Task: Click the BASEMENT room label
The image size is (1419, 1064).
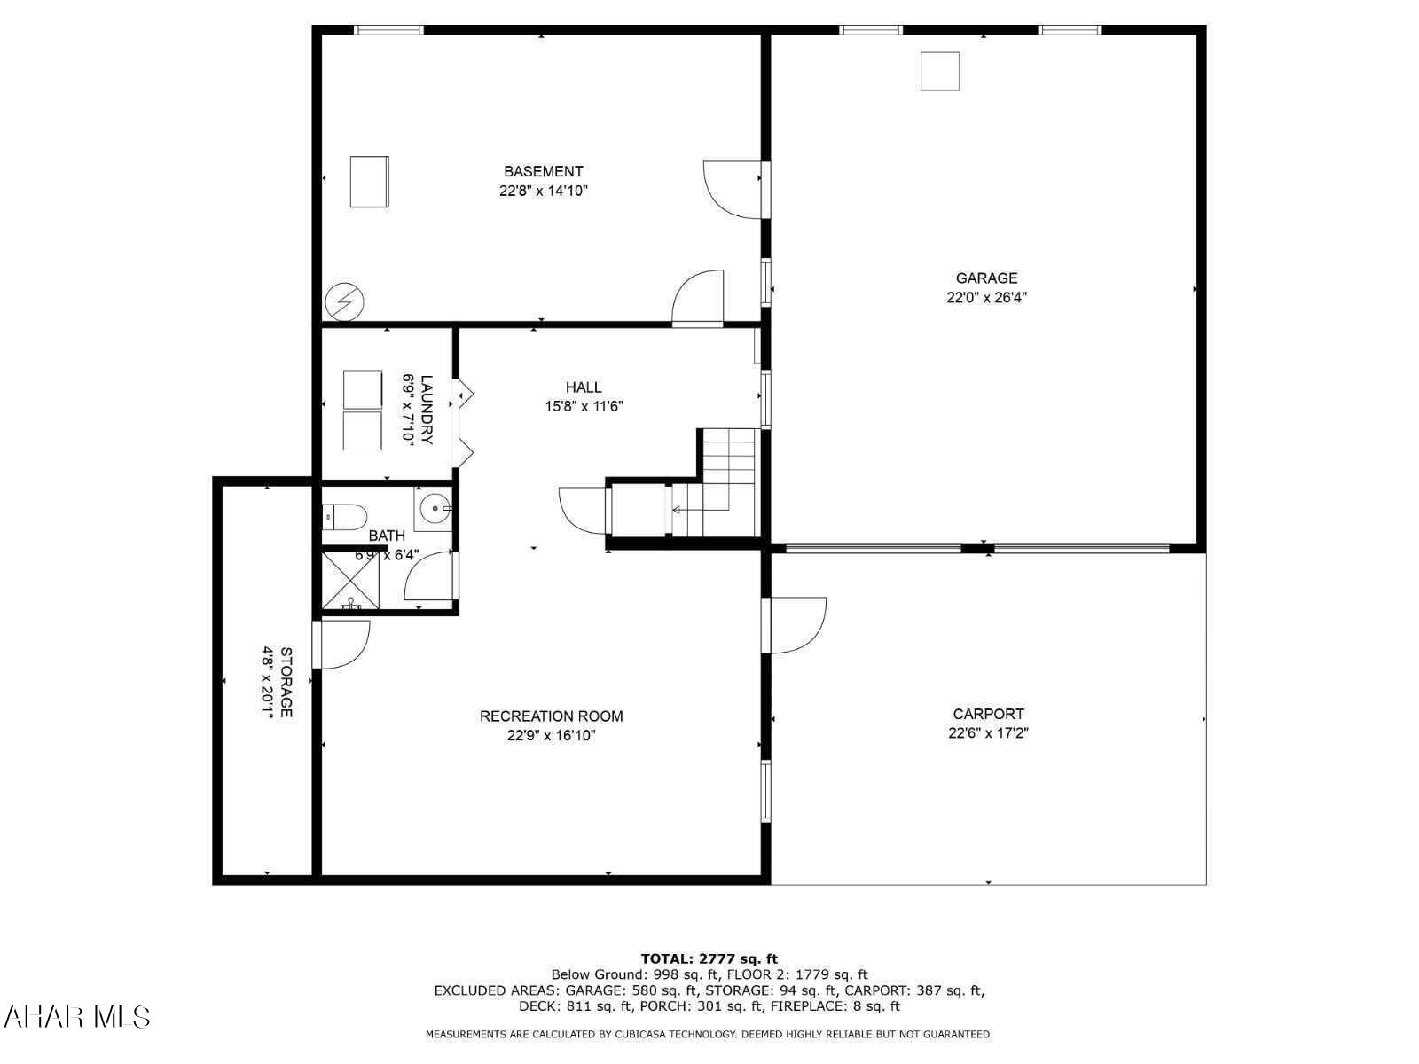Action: pyautogui.click(x=543, y=171)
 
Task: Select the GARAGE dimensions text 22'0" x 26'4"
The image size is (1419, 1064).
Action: pyautogui.click(x=986, y=298)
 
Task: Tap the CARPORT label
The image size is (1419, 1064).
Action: pyautogui.click(x=988, y=714)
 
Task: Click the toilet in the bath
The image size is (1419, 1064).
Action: pyautogui.click(x=345, y=514)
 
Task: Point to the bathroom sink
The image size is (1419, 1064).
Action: pyautogui.click(x=435, y=509)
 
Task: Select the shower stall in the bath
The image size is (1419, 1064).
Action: pyautogui.click(x=350, y=580)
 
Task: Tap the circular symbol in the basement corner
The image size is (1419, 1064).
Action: pyautogui.click(x=344, y=301)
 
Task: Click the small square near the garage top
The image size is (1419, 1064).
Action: pyautogui.click(x=940, y=71)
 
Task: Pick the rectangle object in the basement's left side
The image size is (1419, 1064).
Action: pyautogui.click(x=369, y=182)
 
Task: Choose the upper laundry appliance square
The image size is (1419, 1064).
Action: pyautogui.click(x=362, y=389)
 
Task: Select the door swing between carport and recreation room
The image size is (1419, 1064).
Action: pyautogui.click(x=796, y=625)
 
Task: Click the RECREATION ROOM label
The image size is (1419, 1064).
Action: pyautogui.click(x=551, y=716)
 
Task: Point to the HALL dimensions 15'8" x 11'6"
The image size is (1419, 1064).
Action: pyautogui.click(x=584, y=407)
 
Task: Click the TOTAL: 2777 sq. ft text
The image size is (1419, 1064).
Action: pyautogui.click(x=709, y=958)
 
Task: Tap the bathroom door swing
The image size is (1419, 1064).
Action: pyautogui.click(x=430, y=577)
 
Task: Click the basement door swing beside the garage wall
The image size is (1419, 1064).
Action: pyautogui.click(x=733, y=189)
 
